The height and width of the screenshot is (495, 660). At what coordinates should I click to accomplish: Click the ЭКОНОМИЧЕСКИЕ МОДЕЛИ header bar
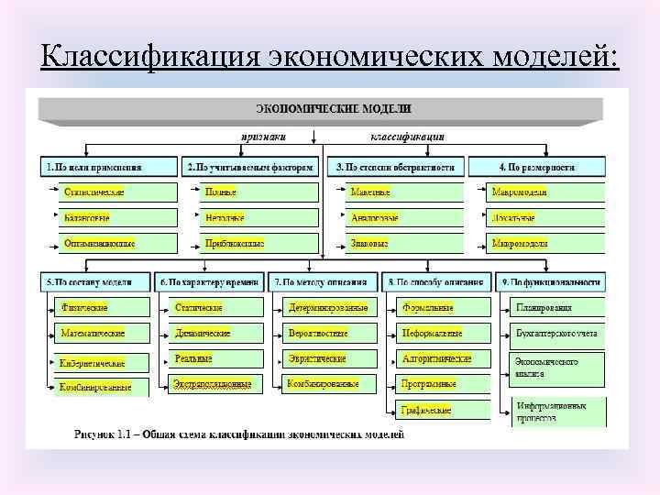click(320, 109)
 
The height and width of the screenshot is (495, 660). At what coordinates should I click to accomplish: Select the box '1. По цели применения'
click(109, 167)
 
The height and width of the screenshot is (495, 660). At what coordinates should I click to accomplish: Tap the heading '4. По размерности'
click(536, 167)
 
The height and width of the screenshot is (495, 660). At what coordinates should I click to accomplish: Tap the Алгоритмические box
click(439, 358)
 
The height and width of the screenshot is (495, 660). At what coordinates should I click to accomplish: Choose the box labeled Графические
click(439, 409)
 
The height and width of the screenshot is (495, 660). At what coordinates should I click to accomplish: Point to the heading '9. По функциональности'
click(549, 281)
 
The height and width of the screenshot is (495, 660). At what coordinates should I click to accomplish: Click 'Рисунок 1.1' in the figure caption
click(101, 434)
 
